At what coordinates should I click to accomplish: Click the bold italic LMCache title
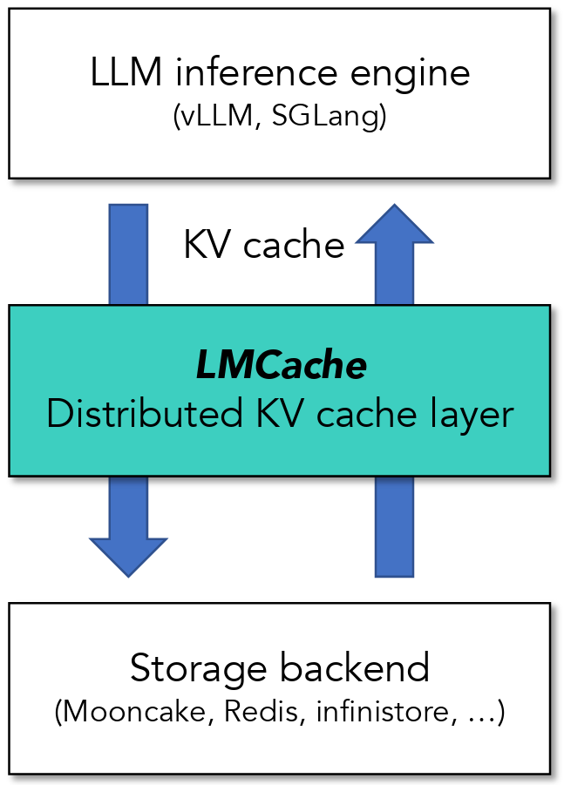click(x=280, y=367)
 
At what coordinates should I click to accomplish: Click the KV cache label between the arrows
click(x=263, y=246)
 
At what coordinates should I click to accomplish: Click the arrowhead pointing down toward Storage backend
click(x=128, y=554)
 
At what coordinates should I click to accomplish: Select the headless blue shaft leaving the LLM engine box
click(x=128, y=253)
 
